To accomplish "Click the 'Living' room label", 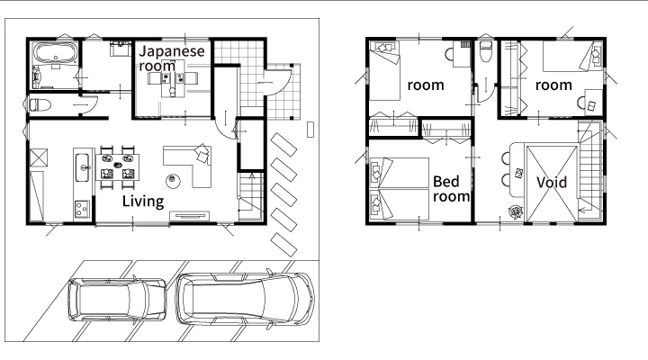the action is tap(143, 202).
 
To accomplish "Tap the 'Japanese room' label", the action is tap(172, 58).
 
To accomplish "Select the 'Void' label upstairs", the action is tap(552, 182).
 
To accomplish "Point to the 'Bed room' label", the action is tap(451, 189).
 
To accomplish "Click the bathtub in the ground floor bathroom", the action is tap(56, 53).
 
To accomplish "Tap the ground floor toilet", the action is tap(40, 105).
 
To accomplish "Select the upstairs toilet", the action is tap(486, 50).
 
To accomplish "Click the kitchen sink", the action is tap(82, 167).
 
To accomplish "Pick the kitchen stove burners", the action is tap(82, 209).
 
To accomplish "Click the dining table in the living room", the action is tap(117, 167).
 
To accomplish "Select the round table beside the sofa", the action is tap(173, 181).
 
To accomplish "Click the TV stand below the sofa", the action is tap(189, 216).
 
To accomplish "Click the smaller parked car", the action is tap(117, 301).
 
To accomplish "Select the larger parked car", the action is tap(245, 298).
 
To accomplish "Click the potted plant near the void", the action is tap(516, 212).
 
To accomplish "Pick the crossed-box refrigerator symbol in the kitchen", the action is tap(39, 157).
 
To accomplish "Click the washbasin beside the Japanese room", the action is tap(121, 48).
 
